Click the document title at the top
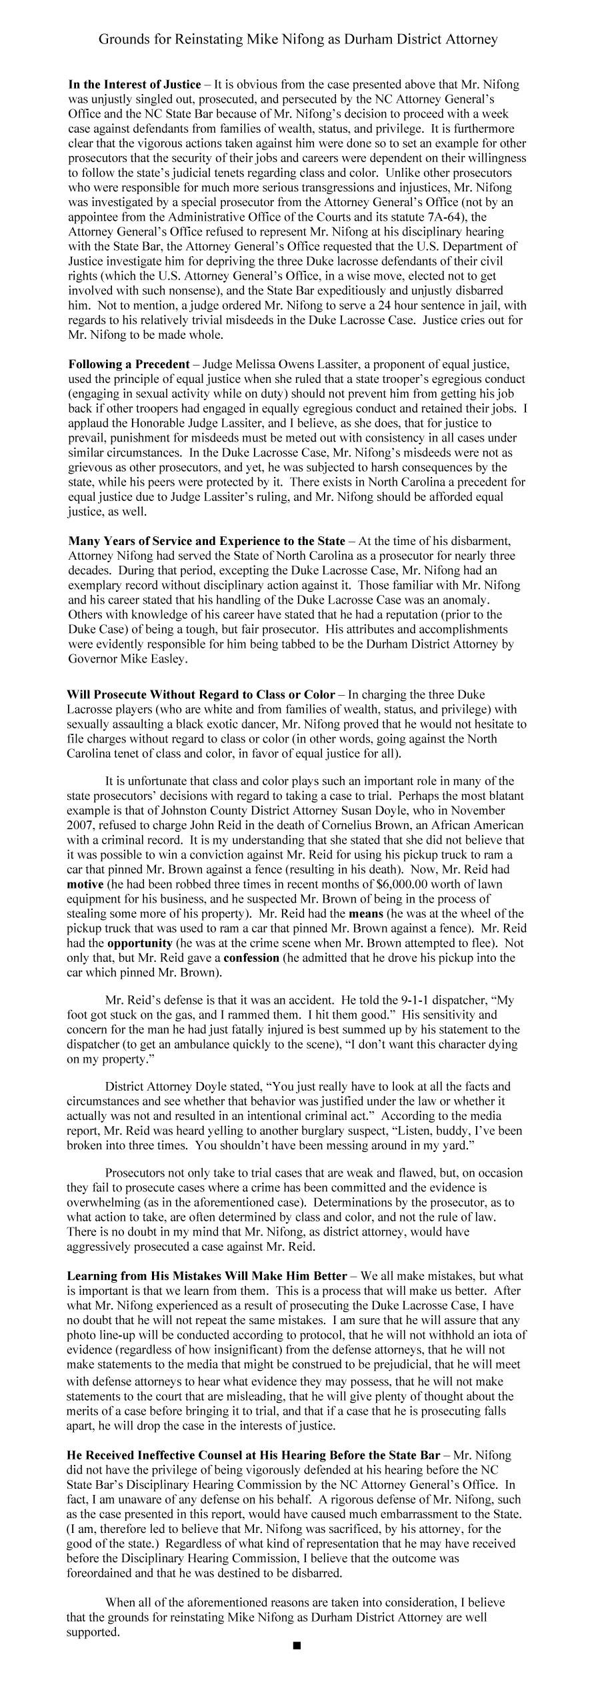[x=298, y=40]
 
